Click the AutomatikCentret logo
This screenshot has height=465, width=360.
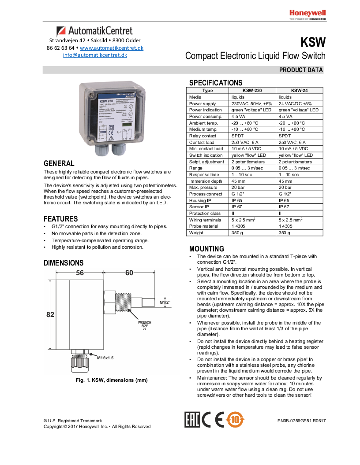(x=94, y=31)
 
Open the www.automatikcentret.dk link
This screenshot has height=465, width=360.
(x=112, y=48)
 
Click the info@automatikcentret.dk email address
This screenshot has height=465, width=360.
(x=95, y=55)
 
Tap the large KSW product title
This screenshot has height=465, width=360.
(x=313, y=43)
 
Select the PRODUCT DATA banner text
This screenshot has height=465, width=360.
(x=301, y=70)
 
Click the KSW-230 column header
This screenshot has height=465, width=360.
(x=252, y=90)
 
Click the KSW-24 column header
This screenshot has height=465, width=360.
(x=299, y=90)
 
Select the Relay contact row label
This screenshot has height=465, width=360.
(x=202, y=136)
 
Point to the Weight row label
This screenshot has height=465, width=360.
(x=196, y=232)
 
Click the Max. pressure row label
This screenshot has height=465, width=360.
(x=203, y=188)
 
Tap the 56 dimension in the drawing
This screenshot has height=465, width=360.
(x=80, y=273)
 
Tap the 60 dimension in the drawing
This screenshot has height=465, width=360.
(x=129, y=273)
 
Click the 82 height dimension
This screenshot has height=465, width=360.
(x=50, y=314)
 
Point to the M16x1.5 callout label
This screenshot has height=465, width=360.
(x=105, y=358)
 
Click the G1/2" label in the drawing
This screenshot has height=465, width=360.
(x=165, y=303)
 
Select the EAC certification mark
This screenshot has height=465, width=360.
(x=192, y=420)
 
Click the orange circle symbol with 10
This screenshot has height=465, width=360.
(x=235, y=420)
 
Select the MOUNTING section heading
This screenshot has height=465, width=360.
(x=206, y=249)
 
